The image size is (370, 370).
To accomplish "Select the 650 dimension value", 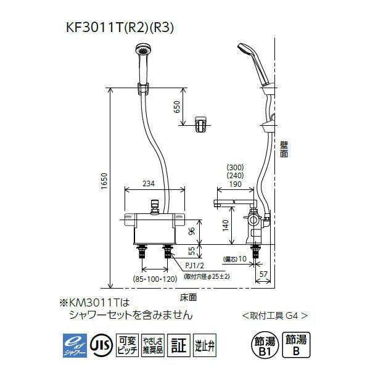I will pyautogui.click(x=177, y=107).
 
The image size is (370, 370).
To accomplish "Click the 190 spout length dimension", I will pyautogui.click(x=235, y=183).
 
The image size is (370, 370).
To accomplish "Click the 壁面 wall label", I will pyautogui.click(x=283, y=150).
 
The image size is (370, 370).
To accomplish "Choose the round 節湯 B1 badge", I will pyautogui.click(x=264, y=344).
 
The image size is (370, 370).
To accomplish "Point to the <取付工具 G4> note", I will pyautogui.click(x=274, y=314).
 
